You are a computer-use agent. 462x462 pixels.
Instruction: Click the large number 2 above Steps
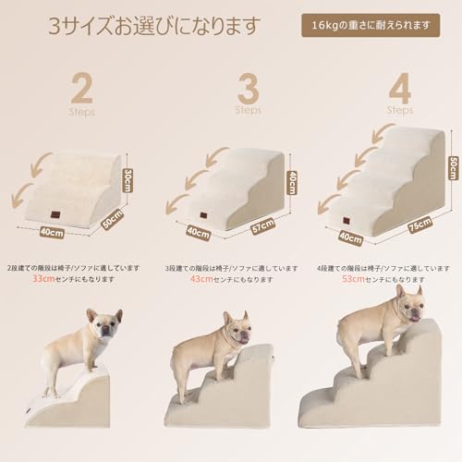click(81, 91)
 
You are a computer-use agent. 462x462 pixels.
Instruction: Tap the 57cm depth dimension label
click(263, 225)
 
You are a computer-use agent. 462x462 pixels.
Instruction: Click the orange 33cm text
click(44, 278)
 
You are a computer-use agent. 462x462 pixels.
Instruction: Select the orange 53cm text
click(354, 278)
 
